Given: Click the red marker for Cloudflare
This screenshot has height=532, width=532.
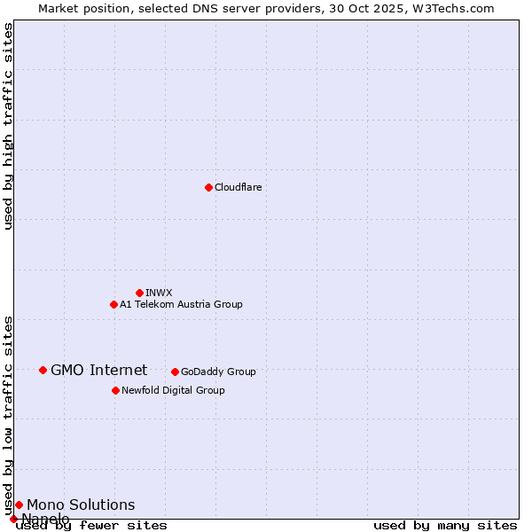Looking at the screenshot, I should click(208, 187).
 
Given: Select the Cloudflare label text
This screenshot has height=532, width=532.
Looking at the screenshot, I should click(238, 187).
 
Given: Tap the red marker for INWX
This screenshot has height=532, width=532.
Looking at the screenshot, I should click(139, 293).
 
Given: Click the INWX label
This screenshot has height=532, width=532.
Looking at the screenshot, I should click(159, 293).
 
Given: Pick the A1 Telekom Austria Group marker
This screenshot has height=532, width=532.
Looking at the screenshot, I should click(113, 304).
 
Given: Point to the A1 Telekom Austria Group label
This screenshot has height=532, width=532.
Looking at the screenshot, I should click(181, 304).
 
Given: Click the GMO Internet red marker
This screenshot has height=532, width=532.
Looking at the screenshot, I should click(43, 370).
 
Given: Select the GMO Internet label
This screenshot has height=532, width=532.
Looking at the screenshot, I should click(98, 370).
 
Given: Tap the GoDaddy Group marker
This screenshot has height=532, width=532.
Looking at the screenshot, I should click(175, 372).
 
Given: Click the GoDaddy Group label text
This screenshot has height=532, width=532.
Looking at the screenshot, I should click(218, 372).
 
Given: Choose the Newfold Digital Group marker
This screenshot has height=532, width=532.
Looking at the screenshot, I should click(115, 390).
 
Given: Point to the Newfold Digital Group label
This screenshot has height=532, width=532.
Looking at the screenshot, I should click(173, 390).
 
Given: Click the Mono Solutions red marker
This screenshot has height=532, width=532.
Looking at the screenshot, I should click(19, 505).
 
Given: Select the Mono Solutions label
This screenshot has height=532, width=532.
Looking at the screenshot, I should click(81, 505).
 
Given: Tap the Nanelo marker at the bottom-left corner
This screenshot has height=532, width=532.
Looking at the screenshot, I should click(13, 519).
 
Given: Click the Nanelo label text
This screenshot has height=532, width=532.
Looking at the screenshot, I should click(45, 519).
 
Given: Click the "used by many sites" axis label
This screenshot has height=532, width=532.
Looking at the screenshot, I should click(445, 525).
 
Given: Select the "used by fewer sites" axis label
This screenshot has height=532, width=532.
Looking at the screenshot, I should click(91, 525).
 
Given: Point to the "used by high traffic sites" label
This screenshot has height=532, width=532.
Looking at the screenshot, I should click(9, 126).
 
